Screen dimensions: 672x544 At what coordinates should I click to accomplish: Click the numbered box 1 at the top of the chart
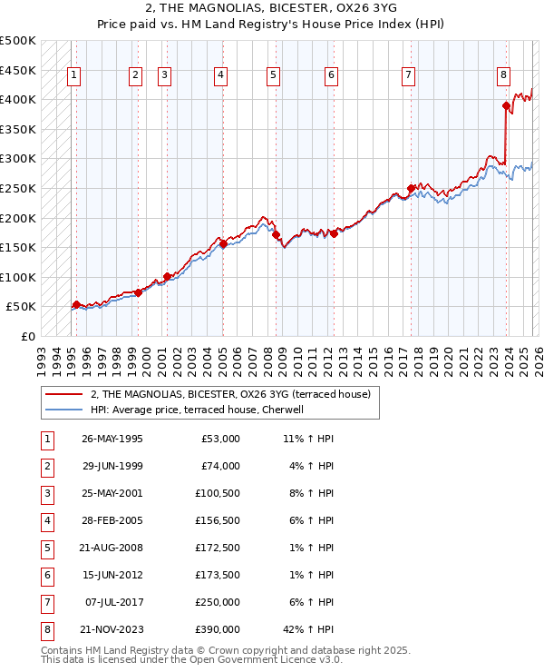(x=73, y=75)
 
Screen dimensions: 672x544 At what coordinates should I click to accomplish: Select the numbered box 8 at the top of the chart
(x=503, y=75)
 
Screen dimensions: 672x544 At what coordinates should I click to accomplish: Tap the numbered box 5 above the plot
(x=273, y=75)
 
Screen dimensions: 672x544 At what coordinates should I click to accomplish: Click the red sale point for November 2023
(x=506, y=106)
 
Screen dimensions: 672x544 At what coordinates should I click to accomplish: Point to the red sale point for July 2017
(x=411, y=189)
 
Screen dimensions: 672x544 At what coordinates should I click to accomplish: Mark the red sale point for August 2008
(x=275, y=234)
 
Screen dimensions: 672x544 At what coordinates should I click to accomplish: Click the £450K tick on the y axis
(x=18, y=70)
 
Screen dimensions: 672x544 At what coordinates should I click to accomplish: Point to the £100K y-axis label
(x=18, y=277)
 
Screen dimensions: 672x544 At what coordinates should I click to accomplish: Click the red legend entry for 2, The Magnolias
(x=229, y=395)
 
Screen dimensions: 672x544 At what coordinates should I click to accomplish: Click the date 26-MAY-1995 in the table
(x=112, y=439)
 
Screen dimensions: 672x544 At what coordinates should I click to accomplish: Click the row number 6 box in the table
(x=45, y=575)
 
